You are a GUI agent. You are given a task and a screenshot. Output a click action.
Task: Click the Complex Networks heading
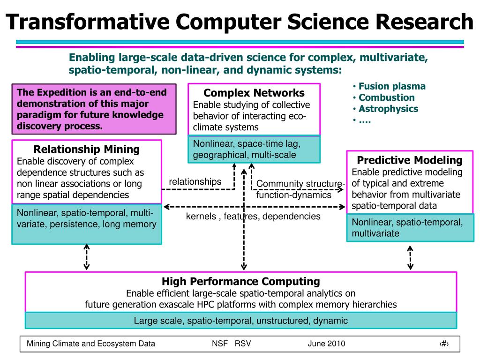point(254,93)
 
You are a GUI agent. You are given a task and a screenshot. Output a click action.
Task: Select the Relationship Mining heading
point(87,150)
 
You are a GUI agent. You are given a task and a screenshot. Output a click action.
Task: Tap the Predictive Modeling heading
point(410,160)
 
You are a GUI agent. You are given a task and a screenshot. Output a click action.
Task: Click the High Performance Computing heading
point(240,281)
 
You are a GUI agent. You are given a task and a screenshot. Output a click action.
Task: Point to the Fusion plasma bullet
point(392,86)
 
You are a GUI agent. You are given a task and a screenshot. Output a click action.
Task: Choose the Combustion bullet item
point(386,97)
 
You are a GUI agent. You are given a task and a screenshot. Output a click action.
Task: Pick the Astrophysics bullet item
point(388,109)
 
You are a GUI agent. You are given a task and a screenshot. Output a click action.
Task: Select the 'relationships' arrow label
point(195,181)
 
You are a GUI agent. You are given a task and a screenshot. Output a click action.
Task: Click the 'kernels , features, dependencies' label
point(253,216)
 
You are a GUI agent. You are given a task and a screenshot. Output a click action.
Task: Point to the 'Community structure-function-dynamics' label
point(300,189)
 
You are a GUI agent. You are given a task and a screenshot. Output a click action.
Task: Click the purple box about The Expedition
point(94,109)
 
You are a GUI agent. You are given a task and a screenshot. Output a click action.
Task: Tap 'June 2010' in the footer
point(326,344)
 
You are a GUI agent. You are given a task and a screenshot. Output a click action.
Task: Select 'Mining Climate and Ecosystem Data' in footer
point(91,344)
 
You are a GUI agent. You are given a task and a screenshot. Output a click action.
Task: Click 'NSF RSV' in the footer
point(231,344)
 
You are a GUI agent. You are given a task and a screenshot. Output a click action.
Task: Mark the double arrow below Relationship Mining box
point(86,257)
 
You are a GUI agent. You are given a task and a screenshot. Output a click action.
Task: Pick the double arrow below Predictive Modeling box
point(410,258)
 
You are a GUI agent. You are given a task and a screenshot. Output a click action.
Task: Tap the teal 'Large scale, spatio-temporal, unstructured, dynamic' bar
point(240,321)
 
